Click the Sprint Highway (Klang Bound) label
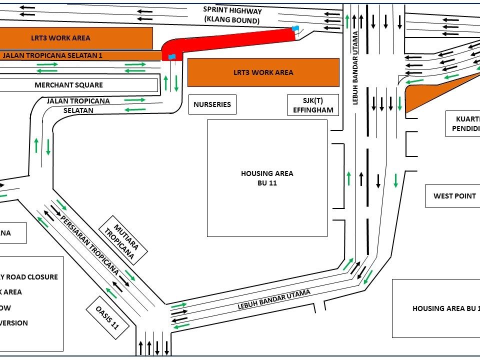232,15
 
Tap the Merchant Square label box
69,85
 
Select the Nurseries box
212,104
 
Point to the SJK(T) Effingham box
313,105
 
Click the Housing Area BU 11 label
267,178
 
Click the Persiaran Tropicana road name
90,245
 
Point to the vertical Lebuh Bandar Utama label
355,67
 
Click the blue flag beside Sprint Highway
295,29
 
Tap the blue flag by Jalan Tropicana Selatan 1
172,56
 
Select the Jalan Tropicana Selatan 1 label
52,55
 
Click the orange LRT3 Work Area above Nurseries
263,72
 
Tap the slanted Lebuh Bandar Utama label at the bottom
274,299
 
